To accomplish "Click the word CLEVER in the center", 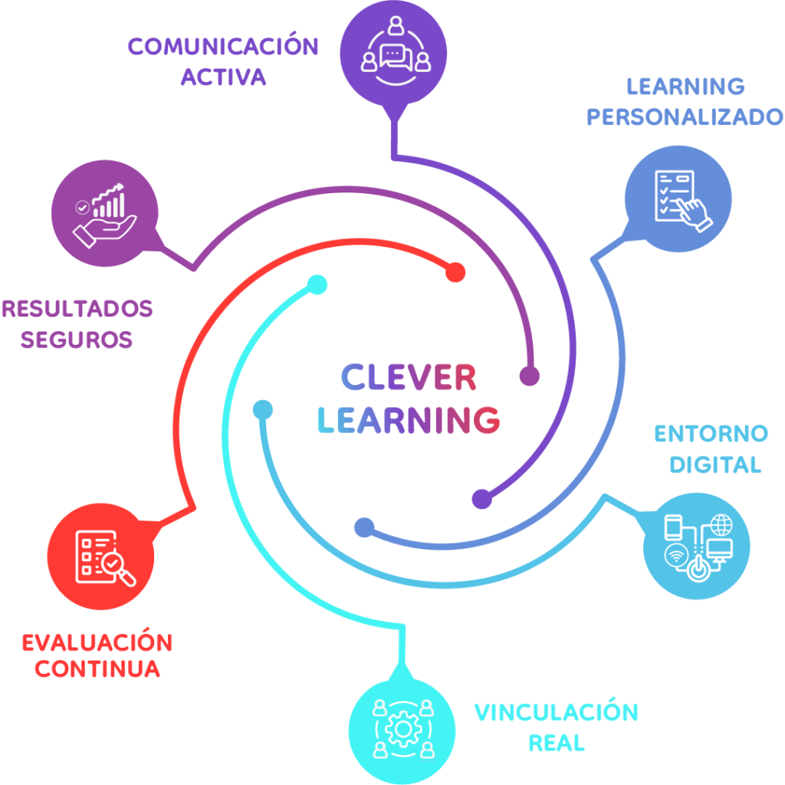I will [x=409, y=377].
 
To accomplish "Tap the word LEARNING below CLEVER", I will [x=409, y=419].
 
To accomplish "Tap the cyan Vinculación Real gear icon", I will [x=402, y=728].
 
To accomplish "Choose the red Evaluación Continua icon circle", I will [x=100, y=557].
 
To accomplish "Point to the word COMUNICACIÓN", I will [x=223, y=47].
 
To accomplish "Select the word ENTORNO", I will [x=711, y=434].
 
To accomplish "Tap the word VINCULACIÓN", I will [x=556, y=712].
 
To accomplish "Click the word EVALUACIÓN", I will [x=97, y=642].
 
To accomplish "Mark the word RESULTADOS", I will [x=77, y=310].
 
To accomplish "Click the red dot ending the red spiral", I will [x=456, y=272].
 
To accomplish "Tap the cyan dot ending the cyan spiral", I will [x=317, y=284].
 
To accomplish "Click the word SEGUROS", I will [x=77, y=340].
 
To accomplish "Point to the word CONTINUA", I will [x=97, y=669].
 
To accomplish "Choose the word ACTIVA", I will [x=224, y=77].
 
